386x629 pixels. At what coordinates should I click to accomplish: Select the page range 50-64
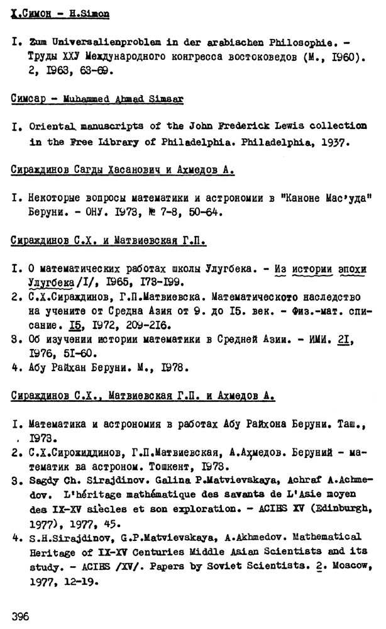pyautogui.click(x=186, y=212)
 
